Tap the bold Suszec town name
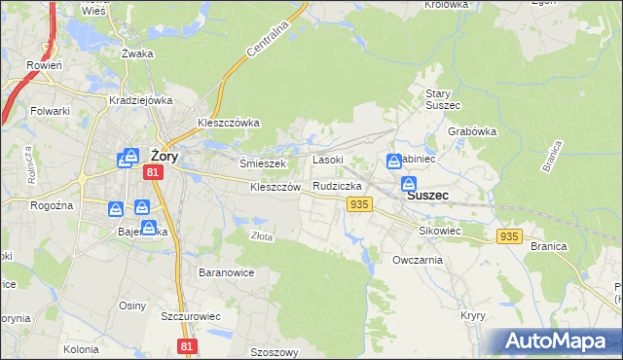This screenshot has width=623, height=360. click(427, 195)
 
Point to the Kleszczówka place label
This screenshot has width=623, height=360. click(228, 123)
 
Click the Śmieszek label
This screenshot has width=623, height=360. click(261, 163)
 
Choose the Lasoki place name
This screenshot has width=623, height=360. click(327, 160)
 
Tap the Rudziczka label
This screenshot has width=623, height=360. click(337, 185)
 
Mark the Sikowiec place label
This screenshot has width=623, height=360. click(439, 232)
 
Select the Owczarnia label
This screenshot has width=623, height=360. click(418, 260)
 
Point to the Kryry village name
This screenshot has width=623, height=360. click(473, 316)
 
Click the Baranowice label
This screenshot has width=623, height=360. click(226, 272)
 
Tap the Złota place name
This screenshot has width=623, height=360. click(261, 235)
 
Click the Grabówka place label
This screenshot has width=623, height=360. click(473, 131)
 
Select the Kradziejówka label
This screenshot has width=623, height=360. click(141, 99)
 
